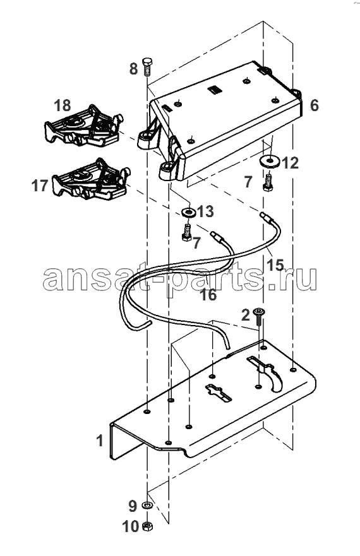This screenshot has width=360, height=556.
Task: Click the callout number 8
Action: click(x=133, y=68)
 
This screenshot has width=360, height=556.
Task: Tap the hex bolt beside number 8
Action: click(x=147, y=67)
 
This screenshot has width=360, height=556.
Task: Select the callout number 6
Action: click(x=314, y=105)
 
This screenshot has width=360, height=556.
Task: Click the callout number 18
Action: click(x=63, y=105)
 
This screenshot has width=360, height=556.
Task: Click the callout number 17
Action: click(x=40, y=186)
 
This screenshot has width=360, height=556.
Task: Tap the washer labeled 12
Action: click(x=270, y=161)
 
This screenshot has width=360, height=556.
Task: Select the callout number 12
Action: click(x=291, y=163)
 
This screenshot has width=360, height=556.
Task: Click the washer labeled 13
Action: click(x=188, y=213)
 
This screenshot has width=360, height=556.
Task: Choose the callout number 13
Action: click(x=205, y=211)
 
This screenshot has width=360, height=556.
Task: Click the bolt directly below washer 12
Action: click(x=268, y=182)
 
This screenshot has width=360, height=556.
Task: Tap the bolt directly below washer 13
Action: click(x=187, y=233)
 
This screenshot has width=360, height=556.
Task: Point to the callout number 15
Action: click(x=275, y=264)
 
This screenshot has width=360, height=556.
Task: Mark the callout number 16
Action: click(x=208, y=295)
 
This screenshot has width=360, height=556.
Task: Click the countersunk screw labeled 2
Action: click(x=258, y=318)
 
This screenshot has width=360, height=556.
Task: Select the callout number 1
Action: click(x=100, y=441)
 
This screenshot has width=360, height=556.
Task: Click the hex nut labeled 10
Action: click(x=147, y=526)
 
